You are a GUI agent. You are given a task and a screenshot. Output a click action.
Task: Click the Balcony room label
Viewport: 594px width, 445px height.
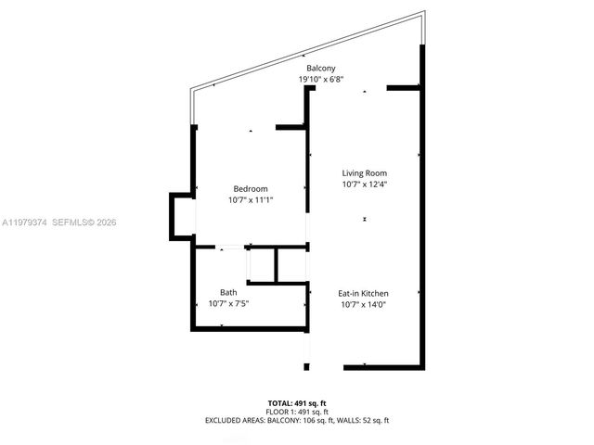(322, 69)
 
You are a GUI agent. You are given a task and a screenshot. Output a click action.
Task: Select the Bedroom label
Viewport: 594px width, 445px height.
(250, 190)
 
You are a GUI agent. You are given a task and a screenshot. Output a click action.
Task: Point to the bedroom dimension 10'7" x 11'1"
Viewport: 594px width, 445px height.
(250, 200)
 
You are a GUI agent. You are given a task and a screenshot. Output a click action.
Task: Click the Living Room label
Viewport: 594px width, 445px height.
(364, 173)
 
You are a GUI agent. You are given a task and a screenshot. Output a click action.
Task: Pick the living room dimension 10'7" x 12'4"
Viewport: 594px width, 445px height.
(364, 184)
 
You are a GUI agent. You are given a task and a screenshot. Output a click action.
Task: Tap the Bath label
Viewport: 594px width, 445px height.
(228, 293)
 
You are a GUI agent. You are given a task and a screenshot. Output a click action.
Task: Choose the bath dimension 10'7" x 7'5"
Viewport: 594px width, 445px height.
(228, 303)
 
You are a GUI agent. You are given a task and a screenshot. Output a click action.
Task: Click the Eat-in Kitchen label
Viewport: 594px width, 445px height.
(363, 294)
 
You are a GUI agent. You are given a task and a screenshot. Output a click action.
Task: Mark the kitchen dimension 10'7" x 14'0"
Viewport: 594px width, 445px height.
(363, 304)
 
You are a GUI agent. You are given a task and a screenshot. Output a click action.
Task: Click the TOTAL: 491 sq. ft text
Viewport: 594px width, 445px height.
(297, 402)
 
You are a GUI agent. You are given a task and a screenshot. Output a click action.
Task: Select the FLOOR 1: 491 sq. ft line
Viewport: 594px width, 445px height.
(297, 412)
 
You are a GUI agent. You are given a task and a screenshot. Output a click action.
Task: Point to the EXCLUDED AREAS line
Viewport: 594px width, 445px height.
(297, 421)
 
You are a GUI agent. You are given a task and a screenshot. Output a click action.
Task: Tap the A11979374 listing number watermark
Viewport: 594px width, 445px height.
(23, 222)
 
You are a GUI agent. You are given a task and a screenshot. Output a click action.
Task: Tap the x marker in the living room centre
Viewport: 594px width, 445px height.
(365, 220)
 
